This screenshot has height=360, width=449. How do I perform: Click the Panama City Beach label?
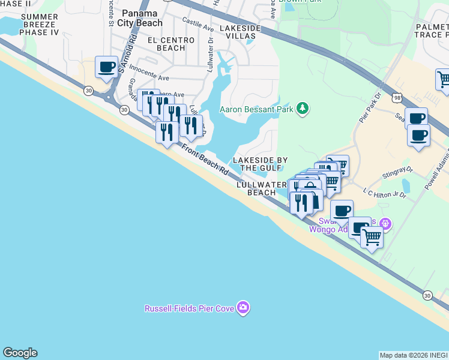[x=142, y=18]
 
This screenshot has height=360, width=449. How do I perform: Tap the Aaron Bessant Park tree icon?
[x=304, y=108]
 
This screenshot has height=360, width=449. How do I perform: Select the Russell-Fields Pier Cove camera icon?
[x=243, y=308]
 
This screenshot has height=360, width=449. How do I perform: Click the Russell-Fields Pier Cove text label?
[x=190, y=309]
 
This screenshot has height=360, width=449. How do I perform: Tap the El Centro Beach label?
[x=171, y=44]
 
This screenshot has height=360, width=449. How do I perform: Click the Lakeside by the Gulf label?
[x=261, y=164]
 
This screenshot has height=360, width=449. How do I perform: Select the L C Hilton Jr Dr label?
[x=385, y=192]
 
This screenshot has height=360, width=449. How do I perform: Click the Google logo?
[x=20, y=353]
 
